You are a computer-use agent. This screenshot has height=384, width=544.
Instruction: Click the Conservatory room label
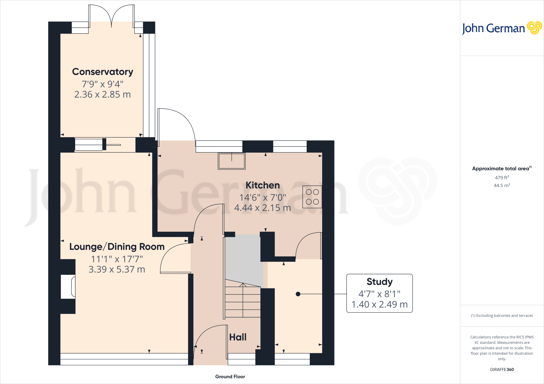103,72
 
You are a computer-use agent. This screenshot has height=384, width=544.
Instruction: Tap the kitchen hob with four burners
312,197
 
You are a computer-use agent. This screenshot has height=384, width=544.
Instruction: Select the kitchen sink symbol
231,161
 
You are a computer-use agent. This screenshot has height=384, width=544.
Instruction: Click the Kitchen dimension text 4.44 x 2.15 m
262,208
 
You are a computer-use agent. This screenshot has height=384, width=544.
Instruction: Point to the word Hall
238,337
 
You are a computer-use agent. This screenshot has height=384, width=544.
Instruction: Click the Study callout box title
379,282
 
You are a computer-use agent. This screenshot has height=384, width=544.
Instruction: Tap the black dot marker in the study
298,294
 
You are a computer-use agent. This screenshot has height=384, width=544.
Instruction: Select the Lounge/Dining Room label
117,247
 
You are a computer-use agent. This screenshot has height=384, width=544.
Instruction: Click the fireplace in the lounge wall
68,287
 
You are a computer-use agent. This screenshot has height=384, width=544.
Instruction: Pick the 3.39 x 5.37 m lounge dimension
117,269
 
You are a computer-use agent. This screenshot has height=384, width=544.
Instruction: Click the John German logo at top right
501,28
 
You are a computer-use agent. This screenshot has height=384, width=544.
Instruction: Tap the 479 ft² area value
502,178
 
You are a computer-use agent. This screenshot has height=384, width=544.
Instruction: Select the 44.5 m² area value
502,185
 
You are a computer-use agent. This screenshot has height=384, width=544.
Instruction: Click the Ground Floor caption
230,377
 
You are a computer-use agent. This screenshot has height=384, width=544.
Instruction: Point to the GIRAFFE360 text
502,369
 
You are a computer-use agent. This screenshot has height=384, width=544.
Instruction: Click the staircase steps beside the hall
243,302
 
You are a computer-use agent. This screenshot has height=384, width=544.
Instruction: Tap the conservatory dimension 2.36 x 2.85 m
103,95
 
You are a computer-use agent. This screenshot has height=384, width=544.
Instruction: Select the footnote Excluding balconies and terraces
502,316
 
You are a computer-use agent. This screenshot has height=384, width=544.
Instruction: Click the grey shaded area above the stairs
243,257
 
